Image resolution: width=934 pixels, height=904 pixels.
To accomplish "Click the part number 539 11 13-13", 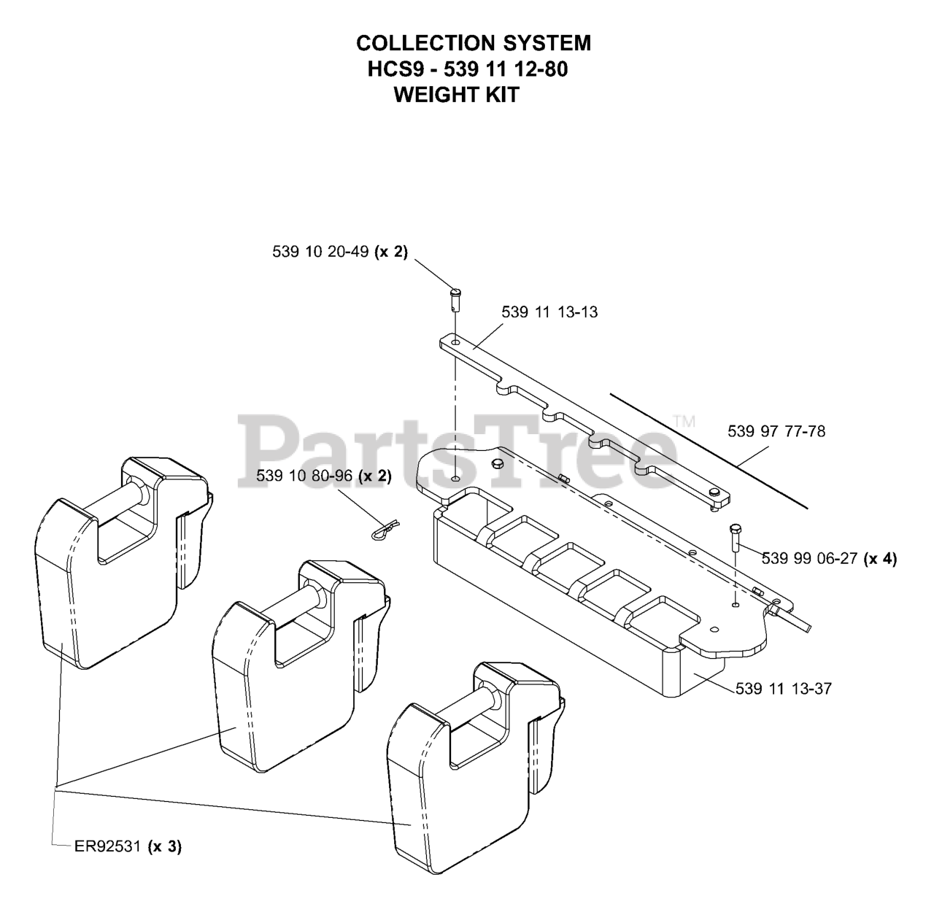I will tap(549, 312).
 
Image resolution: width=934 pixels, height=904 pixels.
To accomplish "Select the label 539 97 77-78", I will tap(776, 431).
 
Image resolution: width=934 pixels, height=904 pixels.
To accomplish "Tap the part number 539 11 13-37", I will tap(783, 688).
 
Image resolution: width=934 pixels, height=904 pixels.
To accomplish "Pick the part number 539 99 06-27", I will tap(809, 558).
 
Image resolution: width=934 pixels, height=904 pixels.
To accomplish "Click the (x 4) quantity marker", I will tap(879, 558).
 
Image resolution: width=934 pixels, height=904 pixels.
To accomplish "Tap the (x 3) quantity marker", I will tap(164, 846).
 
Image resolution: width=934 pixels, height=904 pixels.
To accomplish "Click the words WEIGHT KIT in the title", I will tap(456, 95).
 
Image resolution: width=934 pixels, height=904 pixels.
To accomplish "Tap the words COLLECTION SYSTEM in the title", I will tap(474, 43).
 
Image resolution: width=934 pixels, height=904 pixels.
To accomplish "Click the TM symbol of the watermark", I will tap(684, 421).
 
